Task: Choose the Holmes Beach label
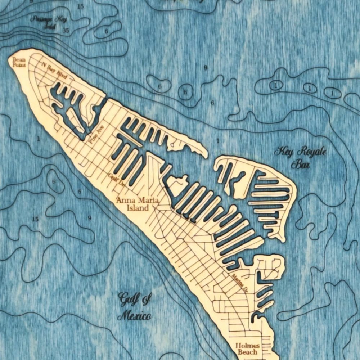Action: (x=247, y=348)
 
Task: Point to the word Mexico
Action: (x=134, y=316)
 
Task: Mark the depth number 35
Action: (x=66, y=31)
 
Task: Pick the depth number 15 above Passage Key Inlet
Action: (x=80, y=6)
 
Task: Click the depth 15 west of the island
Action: (x=35, y=219)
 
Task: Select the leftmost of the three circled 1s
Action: (x=275, y=85)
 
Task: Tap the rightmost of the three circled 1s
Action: (x=332, y=93)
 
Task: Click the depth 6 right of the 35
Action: (x=106, y=31)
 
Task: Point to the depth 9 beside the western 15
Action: (x=89, y=217)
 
